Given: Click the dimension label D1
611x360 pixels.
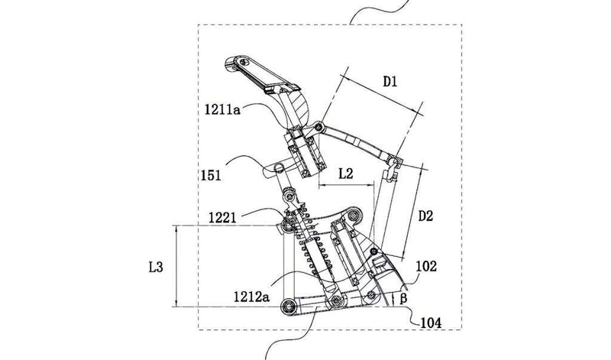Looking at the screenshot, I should tap(393, 81).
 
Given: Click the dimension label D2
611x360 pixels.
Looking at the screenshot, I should tap(426, 216).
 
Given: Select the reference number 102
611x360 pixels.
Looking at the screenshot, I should tap(426, 268).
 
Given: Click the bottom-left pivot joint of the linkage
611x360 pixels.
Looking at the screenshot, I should tap(289, 306).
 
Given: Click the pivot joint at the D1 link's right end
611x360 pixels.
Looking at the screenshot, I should tap(394, 161).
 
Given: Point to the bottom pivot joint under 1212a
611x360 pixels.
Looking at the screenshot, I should tap(334, 303).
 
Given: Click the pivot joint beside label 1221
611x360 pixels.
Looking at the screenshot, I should tap(289, 224).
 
